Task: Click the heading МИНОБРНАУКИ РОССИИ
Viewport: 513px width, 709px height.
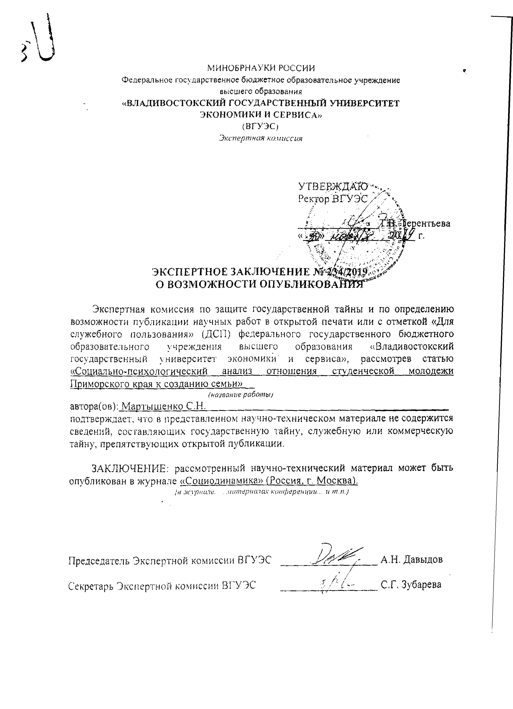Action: [261, 68]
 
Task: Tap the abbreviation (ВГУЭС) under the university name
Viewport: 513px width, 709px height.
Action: [260, 126]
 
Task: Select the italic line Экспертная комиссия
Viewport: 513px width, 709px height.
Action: [260, 138]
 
